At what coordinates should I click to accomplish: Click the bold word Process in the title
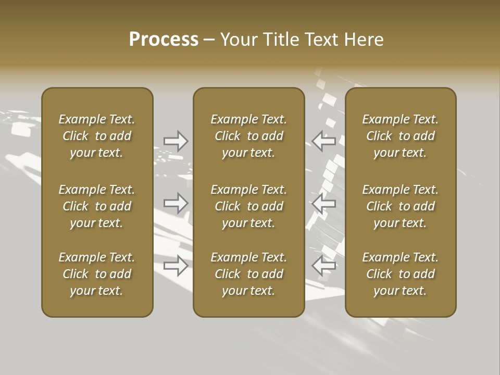coord(164,40)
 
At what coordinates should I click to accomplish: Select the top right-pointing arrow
coord(176,141)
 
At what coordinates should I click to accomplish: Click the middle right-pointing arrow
coord(176,203)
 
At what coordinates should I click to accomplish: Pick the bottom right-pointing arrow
coord(176,265)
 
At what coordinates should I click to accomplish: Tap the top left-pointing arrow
coord(323,141)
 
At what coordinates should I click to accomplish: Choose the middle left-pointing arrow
coord(323,203)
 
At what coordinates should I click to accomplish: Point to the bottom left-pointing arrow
coord(323,265)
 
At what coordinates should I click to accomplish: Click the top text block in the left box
coord(97,136)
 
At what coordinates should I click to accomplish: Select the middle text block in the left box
coord(97,206)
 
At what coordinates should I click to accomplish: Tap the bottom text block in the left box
coord(97,274)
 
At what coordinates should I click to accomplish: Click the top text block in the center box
coord(248,136)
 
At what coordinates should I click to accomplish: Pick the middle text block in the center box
coord(248,206)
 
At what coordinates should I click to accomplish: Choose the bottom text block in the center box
coord(248,274)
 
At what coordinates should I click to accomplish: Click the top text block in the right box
coord(400,136)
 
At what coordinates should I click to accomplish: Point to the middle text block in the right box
coord(400,206)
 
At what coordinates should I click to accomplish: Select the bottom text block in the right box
coord(400,274)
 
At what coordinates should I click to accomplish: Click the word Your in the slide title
coord(239,40)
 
